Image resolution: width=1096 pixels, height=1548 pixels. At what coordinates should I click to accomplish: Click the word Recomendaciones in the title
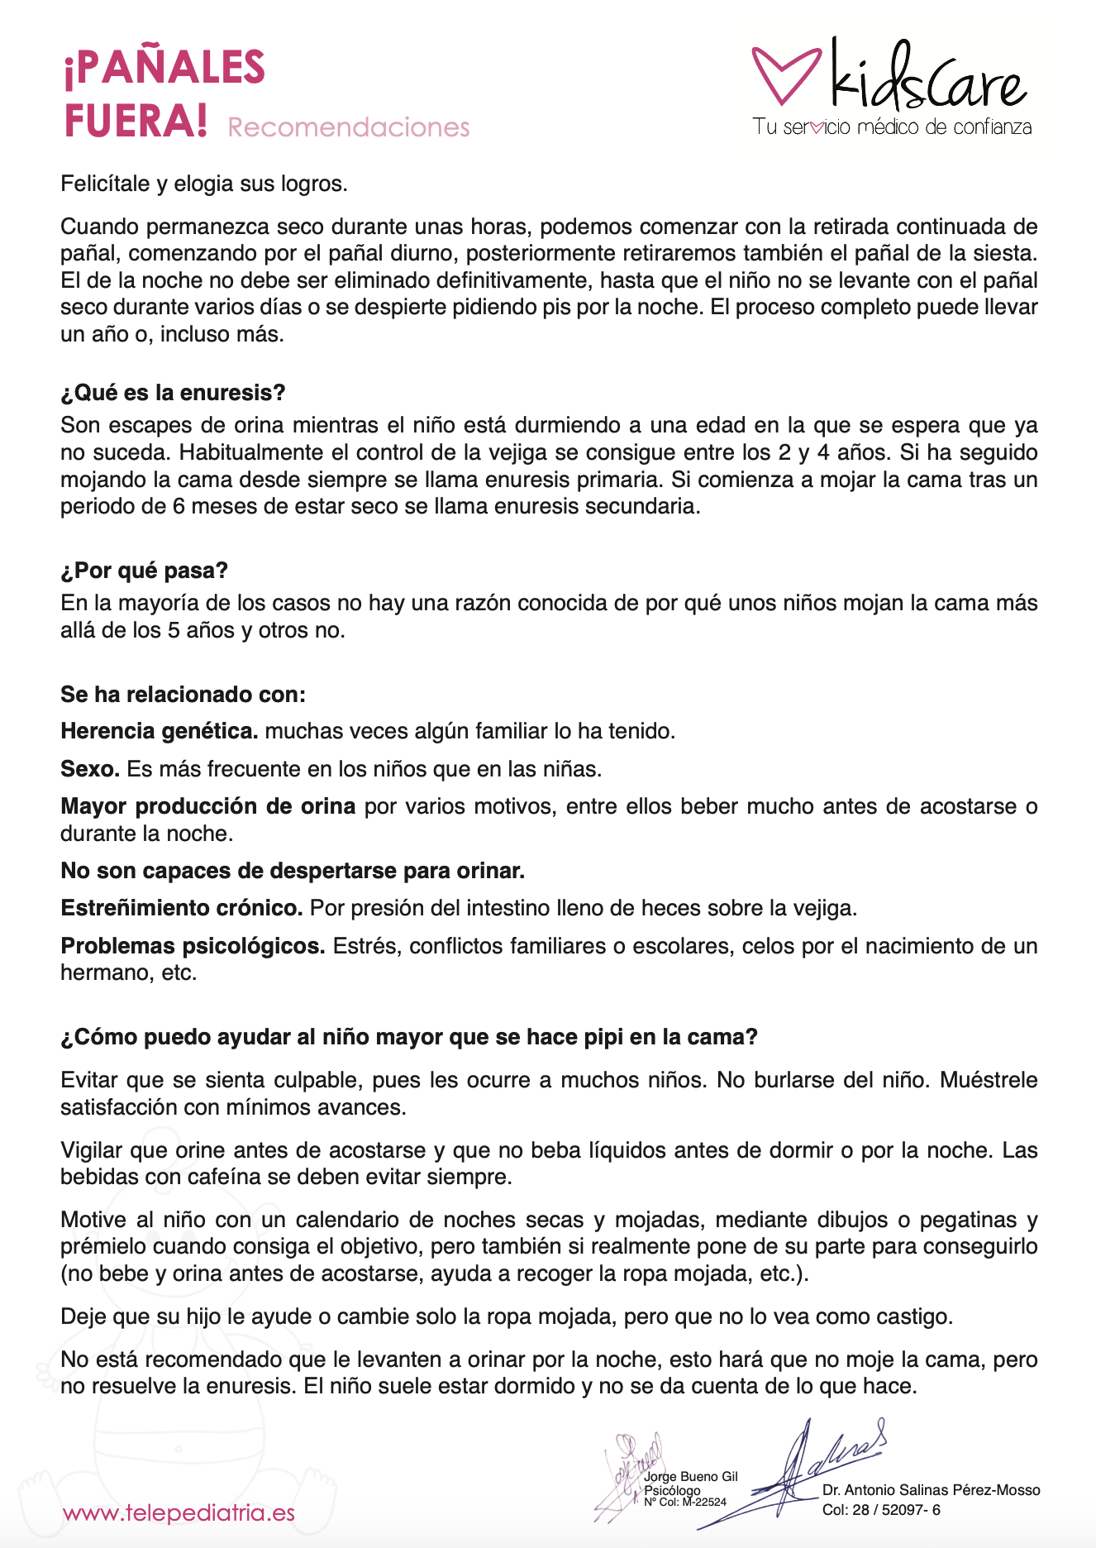point(348,127)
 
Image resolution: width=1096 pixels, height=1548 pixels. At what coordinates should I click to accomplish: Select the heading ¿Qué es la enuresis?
point(173,393)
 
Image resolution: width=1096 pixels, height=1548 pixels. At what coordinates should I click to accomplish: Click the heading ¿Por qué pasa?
point(144,571)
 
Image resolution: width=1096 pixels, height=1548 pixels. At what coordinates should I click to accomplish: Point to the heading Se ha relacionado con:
point(183,695)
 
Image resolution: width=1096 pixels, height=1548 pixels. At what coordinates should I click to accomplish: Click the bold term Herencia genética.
point(160,731)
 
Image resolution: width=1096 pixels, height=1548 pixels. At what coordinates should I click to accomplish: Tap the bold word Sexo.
point(90,769)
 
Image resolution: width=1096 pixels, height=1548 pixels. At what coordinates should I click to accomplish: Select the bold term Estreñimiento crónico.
point(182,908)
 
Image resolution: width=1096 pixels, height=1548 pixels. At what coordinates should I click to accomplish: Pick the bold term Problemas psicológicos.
point(193,946)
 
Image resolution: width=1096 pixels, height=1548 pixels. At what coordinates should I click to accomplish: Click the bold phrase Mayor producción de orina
point(207,806)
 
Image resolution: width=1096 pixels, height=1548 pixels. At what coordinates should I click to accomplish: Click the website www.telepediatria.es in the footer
point(179,1513)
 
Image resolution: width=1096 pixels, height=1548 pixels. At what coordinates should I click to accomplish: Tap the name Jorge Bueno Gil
point(691,1476)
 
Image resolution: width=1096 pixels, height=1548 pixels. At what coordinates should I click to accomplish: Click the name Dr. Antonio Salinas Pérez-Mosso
point(931,1490)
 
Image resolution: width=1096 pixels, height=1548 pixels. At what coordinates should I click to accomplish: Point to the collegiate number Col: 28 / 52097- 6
point(881,1510)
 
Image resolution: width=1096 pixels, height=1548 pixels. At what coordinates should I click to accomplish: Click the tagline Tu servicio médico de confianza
point(892,127)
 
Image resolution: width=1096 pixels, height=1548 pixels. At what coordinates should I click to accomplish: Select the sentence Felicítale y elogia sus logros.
point(204,184)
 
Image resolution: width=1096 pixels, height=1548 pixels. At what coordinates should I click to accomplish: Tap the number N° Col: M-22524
point(685,1502)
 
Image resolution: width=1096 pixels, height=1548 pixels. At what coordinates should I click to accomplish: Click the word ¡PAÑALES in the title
point(164,68)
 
